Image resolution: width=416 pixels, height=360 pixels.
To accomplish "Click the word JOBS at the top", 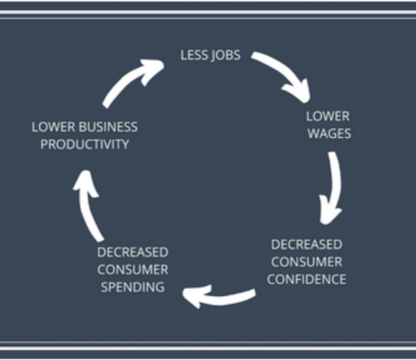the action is coord(226,55).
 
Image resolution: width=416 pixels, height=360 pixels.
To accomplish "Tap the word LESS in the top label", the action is coord(194,55).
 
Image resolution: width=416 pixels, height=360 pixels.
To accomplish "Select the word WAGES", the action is coord(330,133).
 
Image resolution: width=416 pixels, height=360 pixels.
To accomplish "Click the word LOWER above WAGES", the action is coord(328,116).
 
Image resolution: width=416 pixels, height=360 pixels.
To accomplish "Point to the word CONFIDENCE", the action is coord(307,280).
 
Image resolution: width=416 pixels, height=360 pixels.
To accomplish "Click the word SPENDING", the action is coord(132,287).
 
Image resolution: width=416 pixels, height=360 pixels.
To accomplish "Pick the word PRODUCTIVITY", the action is coord(85,144).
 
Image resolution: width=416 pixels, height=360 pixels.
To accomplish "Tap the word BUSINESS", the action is coord(108,127).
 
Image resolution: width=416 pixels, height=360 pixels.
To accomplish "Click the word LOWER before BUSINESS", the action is coord(54,127).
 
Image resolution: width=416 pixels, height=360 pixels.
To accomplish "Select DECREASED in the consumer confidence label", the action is coord(307,245).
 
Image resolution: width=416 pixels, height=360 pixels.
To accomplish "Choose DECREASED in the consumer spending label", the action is coord(132,252).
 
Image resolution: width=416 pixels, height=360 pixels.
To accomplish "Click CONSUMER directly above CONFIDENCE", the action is coord(307,262).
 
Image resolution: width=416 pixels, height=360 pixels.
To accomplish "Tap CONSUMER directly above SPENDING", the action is coord(132,270).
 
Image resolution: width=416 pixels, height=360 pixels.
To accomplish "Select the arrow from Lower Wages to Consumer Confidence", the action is coord(335,185).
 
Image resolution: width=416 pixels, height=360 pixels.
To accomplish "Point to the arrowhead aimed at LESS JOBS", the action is coord(152,70).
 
